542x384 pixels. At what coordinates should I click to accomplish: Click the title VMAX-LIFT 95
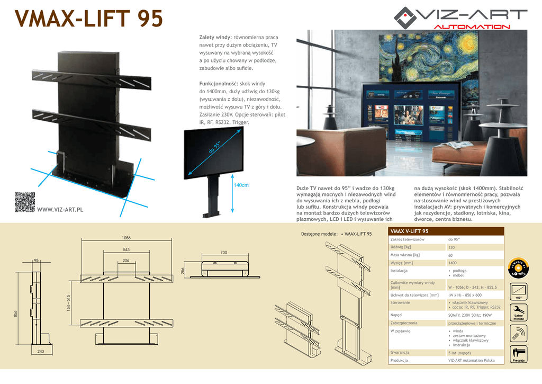click(89, 20)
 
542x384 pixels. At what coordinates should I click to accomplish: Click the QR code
click(25, 202)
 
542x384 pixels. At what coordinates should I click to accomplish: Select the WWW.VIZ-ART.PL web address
click(60, 210)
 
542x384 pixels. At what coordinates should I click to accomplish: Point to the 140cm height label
click(241, 185)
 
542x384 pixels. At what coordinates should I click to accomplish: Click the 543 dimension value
click(126, 249)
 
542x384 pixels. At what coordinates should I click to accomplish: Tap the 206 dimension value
click(126, 261)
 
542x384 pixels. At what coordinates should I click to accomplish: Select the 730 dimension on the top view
click(223, 253)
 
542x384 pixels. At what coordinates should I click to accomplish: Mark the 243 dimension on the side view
click(40, 351)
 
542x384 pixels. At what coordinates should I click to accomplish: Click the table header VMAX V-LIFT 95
click(410, 231)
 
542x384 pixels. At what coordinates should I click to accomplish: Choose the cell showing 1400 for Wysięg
click(452, 263)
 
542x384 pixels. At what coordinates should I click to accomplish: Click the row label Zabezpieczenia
click(404, 323)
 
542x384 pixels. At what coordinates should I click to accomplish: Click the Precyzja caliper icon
click(518, 353)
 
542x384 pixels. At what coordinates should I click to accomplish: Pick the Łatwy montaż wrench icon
click(518, 311)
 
